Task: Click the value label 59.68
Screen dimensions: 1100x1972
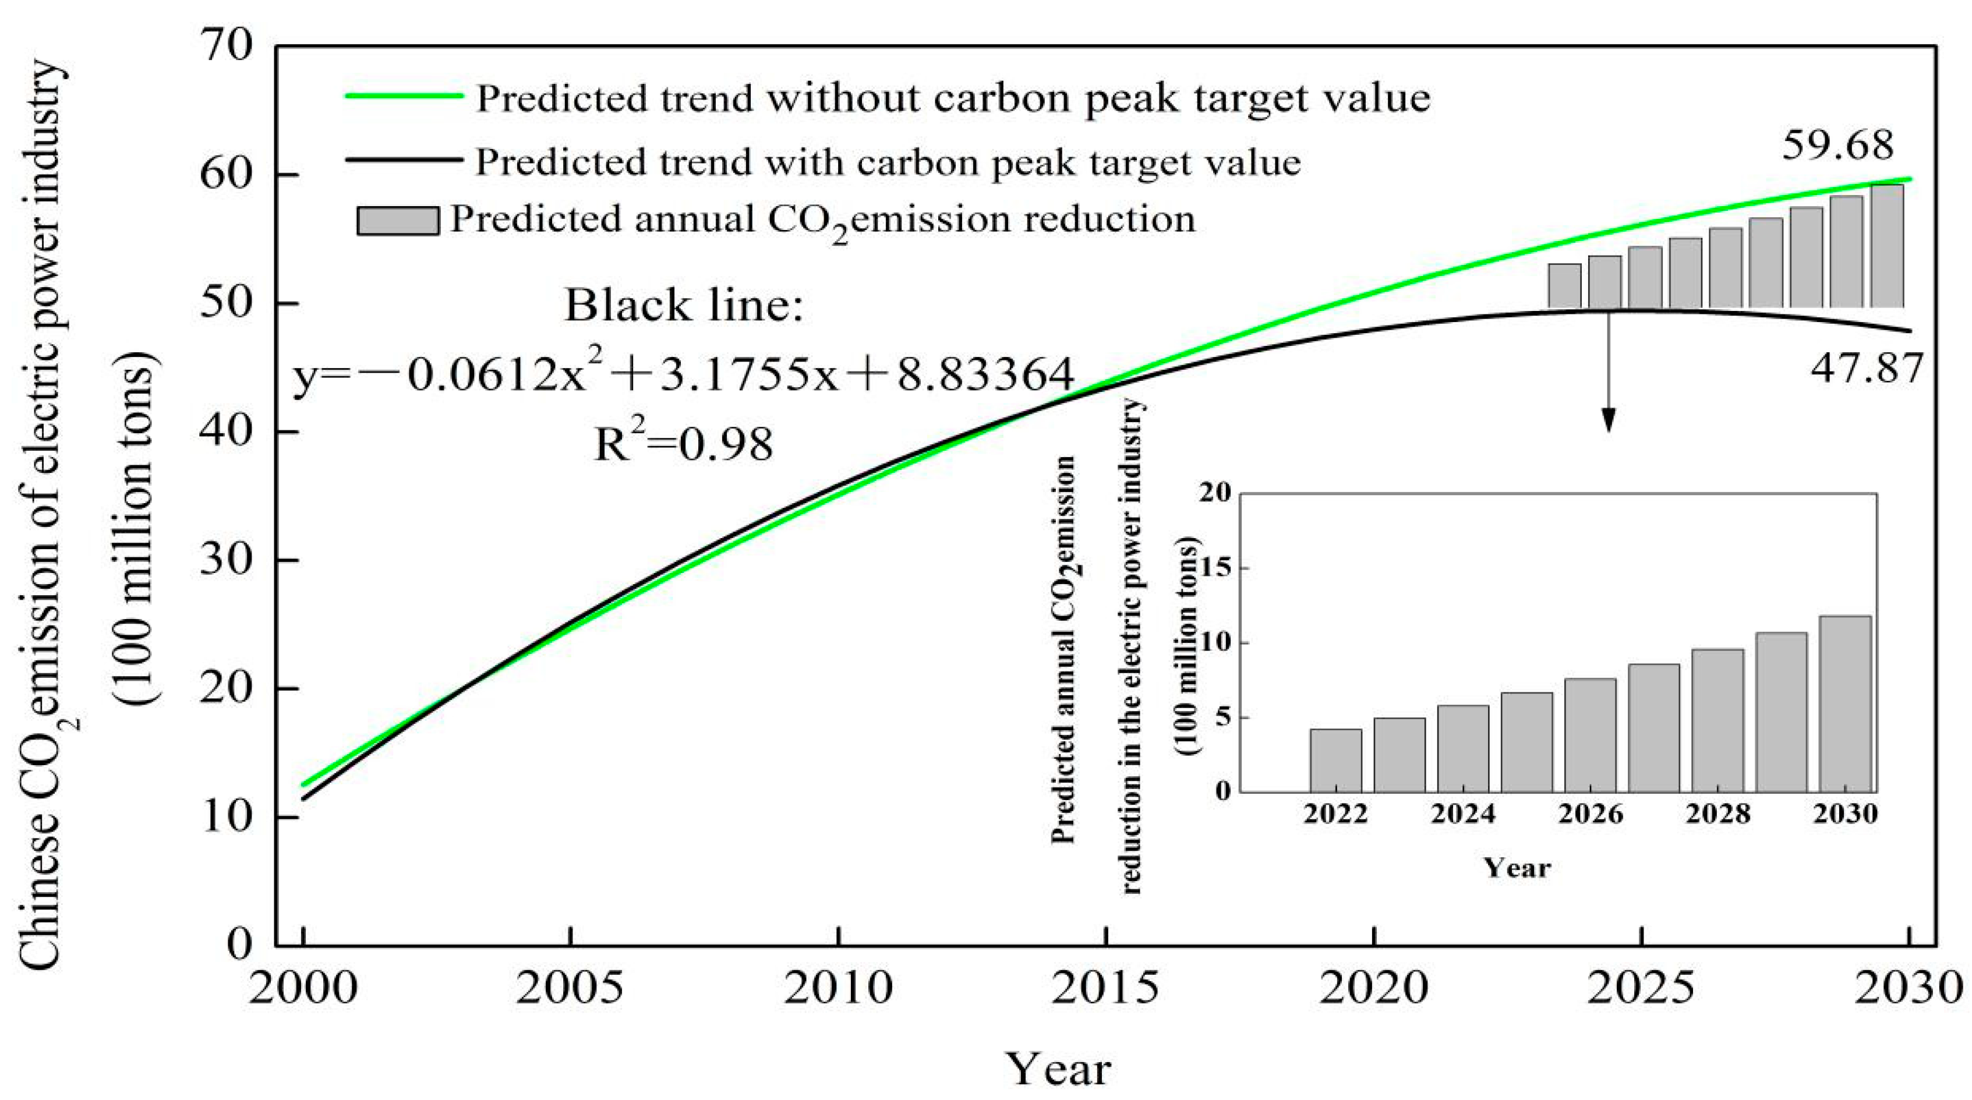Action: (x=1837, y=146)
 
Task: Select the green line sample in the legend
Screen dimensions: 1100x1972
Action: (x=404, y=96)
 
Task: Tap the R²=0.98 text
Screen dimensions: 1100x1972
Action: (x=684, y=444)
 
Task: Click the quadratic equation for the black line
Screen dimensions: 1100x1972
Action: (x=684, y=375)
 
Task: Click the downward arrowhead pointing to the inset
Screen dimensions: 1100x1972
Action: (x=1609, y=420)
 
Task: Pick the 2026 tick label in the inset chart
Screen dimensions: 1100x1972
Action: (x=1590, y=813)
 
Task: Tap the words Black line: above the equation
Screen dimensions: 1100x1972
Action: (x=684, y=306)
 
